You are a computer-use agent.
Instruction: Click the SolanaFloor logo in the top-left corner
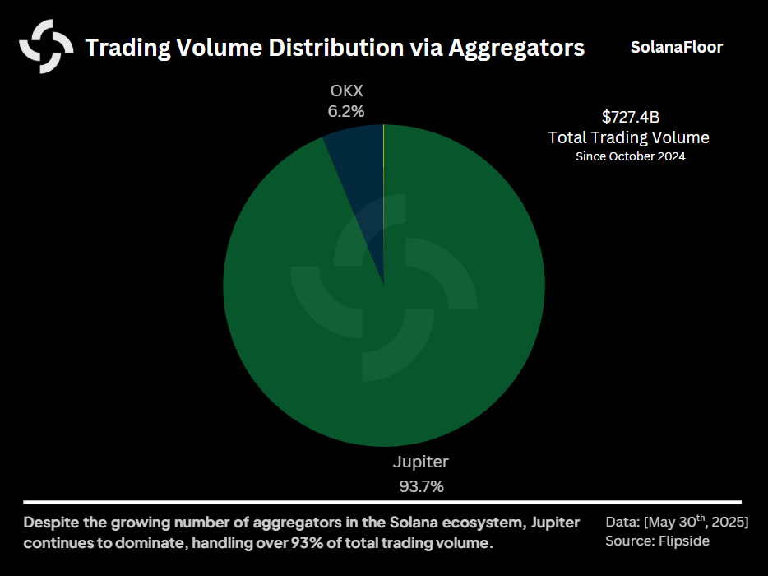click(46, 46)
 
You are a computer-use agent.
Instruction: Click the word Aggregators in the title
click(517, 48)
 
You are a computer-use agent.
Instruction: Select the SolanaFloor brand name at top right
click(677, 47)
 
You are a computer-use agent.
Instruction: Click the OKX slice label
click(345, 91)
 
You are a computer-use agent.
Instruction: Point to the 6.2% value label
click(345, 111)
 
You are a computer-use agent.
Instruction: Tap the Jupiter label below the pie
click(421, 462)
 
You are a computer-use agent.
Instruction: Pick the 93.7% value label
click(421, 486)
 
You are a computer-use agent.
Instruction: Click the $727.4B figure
click(630, 117)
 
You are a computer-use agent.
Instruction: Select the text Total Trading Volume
click(629, 137)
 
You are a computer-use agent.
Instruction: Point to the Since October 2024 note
click(630, 156)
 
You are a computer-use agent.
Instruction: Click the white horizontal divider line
click(382, 501)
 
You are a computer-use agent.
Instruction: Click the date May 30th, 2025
click(697, 523)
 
